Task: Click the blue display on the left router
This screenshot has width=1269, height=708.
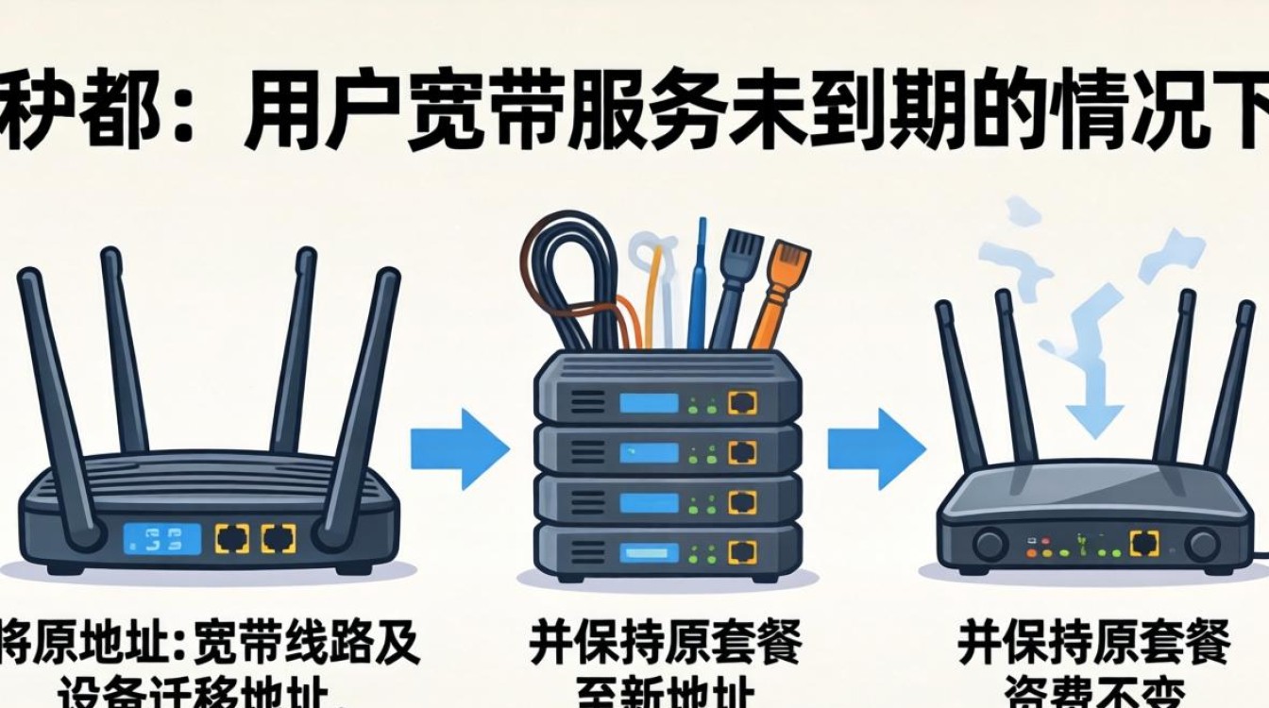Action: click(x=161, y=539)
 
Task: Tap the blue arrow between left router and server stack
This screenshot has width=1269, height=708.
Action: click(x=460, y=447)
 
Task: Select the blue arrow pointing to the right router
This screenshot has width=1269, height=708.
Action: click(x=875, y=447)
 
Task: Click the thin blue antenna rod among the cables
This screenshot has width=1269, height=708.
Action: click(x=699, y=283)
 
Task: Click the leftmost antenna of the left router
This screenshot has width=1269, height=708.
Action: click(x=57, y=396)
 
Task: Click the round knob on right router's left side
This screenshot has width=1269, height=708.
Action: click(x=989, y=545)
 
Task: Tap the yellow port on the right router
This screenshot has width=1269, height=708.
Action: click(x=1143, y=543)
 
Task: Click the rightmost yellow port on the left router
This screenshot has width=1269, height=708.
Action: click(x=279, y=539)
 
